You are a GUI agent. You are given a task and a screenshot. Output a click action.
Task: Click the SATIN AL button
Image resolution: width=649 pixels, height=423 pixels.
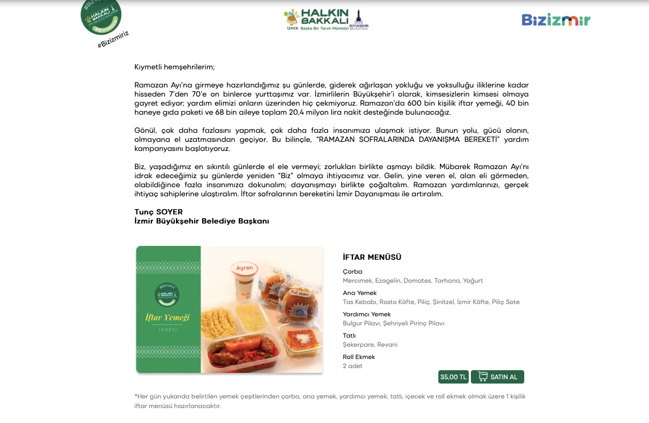[497, 377]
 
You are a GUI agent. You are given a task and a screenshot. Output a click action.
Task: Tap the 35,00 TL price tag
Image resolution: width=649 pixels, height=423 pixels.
[453, 377]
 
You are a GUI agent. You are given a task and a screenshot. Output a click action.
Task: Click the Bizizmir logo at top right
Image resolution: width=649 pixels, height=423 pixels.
[556, 20]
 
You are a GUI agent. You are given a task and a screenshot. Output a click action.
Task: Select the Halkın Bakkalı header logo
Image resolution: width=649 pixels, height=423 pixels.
[326, 19]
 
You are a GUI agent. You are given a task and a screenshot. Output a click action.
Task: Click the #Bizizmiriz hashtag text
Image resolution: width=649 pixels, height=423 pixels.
[113, 40]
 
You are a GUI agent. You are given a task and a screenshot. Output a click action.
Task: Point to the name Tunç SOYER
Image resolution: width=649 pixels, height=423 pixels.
[158, 212]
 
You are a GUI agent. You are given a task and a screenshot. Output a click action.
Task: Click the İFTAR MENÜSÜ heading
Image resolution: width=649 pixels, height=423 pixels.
[372, 257]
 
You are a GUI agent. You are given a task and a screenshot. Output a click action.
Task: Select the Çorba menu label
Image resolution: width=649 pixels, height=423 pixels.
[352, 272]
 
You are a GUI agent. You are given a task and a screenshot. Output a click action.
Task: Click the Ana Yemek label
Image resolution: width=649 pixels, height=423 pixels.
[359, 293]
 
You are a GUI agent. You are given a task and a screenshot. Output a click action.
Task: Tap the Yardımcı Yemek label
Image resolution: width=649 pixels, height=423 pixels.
[366, 314]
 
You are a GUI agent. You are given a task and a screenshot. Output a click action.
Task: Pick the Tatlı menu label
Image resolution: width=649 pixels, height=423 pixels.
[349, 336]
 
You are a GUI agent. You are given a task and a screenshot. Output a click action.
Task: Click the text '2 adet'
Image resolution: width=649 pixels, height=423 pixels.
[352, 366]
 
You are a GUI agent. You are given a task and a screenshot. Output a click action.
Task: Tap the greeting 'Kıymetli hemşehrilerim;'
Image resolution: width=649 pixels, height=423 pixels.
[174, 67]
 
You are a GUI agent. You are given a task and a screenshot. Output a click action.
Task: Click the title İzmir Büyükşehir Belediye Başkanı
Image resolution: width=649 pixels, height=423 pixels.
[202, 221]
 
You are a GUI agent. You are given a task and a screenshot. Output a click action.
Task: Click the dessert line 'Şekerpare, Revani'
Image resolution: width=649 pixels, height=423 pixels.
[370, 345]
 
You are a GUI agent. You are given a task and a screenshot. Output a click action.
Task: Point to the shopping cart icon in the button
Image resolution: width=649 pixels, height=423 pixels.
[483, 377]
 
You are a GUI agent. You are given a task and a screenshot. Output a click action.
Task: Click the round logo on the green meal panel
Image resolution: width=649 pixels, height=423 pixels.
[167, 294]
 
